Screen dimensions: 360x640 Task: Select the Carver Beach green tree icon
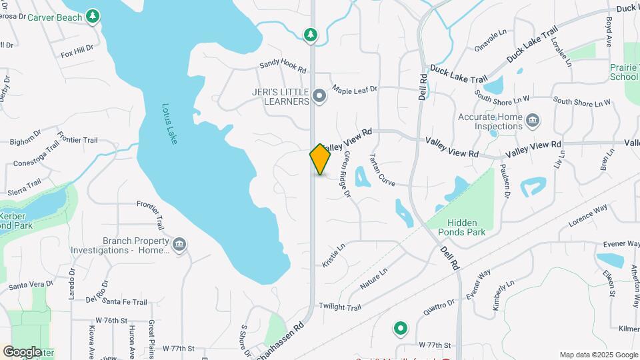(93, 15)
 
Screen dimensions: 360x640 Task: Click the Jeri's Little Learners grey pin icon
(319, 97)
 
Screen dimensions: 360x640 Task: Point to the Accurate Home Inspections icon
(533, 121)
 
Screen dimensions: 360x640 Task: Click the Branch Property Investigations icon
(179, 245)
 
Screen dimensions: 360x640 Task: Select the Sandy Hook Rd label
(283, 67)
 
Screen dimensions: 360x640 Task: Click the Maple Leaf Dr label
(355, 89)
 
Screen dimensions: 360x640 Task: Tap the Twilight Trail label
(339, 307)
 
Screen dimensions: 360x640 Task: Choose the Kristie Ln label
(333, 255)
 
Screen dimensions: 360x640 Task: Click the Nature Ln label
(374, 279)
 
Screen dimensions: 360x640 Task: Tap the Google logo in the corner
(22, 351)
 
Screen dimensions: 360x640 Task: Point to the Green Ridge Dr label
(347, 175)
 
